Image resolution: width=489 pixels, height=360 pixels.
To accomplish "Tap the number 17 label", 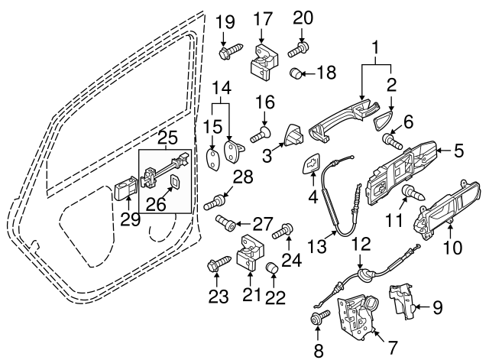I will pos(262,17).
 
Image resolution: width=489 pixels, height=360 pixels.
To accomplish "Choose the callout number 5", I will pos(458,151).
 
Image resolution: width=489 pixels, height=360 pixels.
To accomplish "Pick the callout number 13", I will pos(316,245).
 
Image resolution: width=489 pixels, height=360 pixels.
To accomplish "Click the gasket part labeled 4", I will pos(312,165).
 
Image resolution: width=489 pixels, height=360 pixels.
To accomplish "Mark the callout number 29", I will pos(128,219).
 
